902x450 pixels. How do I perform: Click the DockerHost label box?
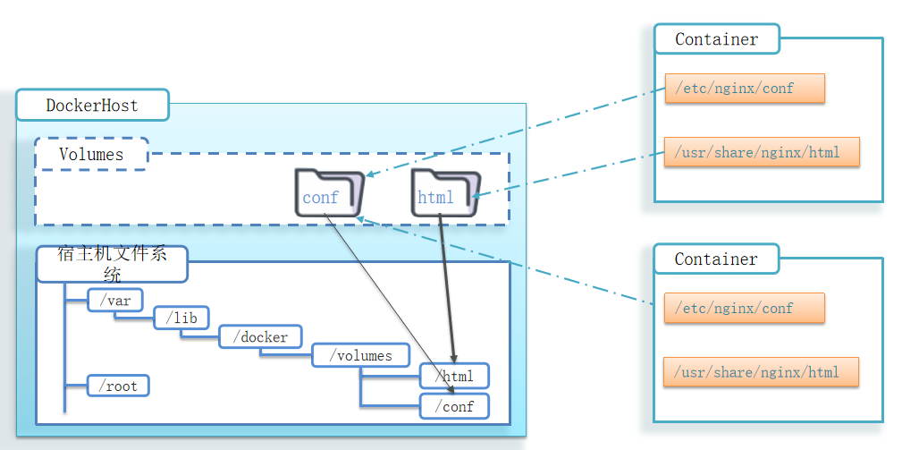point(92,106)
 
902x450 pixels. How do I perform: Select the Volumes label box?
point(91,154)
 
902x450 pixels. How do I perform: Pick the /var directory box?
point(115,300)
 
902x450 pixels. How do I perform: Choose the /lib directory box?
point(181,318)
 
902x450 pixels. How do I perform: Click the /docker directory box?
point(260,336)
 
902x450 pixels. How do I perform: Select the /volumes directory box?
point(360,355)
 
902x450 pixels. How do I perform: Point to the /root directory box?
point(118,386)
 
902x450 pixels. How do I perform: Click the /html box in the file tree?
point(454,376)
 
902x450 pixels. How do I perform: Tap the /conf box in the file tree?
point(454,406)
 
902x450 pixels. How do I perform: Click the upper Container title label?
point(716,39)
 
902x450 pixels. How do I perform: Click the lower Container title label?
point(716,259)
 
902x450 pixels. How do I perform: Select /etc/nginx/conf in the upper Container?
point(744,89)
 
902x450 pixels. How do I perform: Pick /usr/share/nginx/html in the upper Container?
point(761,152)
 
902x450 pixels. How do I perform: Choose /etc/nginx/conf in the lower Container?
point(744,308)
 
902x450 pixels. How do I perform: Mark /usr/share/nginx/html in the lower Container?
point(761,371)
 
